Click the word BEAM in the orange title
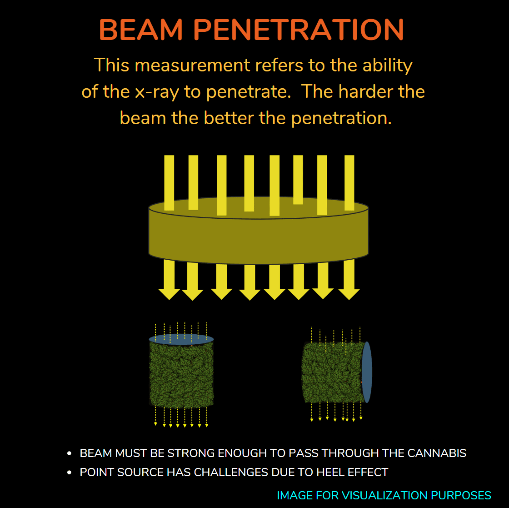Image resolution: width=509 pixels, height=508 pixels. (141, 30)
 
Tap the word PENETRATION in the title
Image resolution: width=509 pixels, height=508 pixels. (299, 30)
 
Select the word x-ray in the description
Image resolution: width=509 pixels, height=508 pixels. (157, 92)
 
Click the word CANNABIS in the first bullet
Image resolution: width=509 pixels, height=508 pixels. (437, 453)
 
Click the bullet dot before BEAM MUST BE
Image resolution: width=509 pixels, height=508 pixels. (69, 453)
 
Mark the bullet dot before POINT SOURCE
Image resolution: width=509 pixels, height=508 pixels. (69, 473)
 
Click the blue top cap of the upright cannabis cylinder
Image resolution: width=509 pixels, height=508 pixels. (181, 339)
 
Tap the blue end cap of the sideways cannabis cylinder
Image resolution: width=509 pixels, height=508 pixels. (366, 372)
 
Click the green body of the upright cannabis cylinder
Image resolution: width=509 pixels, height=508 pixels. (181, 375)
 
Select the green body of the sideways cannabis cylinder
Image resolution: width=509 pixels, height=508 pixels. (332, 372)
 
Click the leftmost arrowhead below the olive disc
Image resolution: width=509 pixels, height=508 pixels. (169, 294)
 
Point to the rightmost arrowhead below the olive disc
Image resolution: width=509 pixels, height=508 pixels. (349, 294)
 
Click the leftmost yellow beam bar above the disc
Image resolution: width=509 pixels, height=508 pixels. (169, 183)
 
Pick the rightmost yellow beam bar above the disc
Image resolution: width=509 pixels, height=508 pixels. (349, 183)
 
